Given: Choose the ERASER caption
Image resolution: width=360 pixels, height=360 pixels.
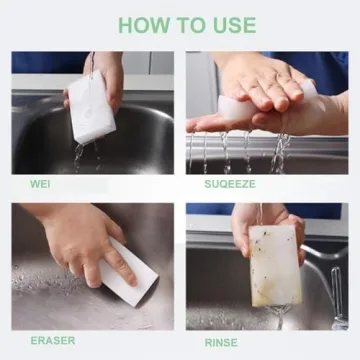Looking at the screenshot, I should point(52,340).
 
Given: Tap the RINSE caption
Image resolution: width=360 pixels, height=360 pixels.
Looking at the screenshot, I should point(221,341).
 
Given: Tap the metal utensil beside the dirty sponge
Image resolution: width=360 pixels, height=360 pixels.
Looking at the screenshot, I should point(338,300).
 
